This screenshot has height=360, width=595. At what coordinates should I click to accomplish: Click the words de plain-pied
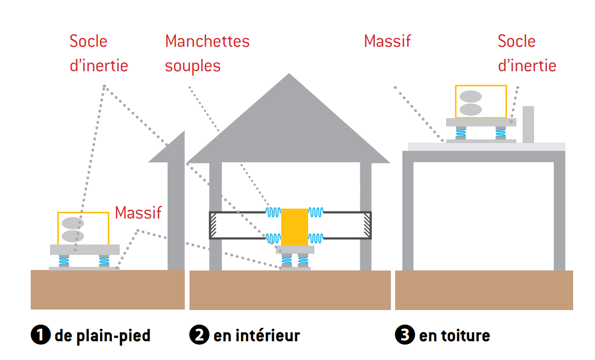[x=103, y=336]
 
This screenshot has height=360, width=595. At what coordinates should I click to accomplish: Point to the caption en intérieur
[x=257, y=336]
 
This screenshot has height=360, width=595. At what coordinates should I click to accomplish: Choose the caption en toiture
[x=454, y=336]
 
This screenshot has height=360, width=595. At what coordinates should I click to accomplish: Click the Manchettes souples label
[x=207, y=54]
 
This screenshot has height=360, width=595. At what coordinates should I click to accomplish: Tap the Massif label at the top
[x=387, y=41]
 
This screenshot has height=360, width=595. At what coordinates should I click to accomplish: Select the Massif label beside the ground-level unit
[x=138, y=212]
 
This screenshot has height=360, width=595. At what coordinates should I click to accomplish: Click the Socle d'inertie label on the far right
[x=526, y=54]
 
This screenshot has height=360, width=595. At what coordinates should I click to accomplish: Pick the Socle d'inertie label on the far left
[x=98, y=54]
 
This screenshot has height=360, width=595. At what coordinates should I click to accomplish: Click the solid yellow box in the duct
[x=295, y=227]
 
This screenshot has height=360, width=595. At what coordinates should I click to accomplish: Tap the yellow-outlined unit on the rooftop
[x=480, y=101]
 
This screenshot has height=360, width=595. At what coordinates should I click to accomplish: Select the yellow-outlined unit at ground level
[x=83, y=228]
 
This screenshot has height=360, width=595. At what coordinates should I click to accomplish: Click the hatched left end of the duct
[x=213, y=225]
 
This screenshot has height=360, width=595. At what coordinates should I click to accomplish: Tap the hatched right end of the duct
[x=367, y=225]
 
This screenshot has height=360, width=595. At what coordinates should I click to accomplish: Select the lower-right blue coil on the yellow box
[x=316, y=238]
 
